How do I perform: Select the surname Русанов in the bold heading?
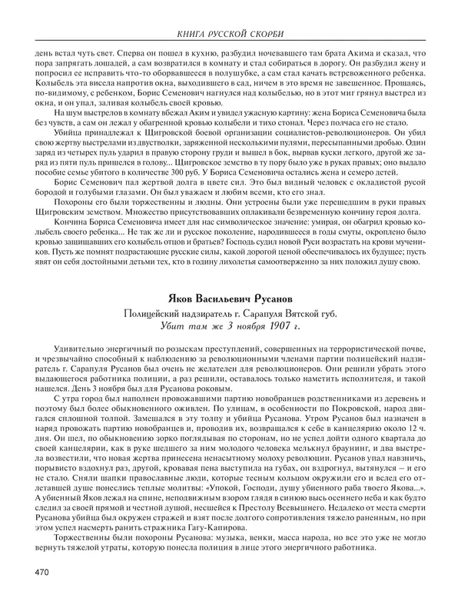tap(264, 299)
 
